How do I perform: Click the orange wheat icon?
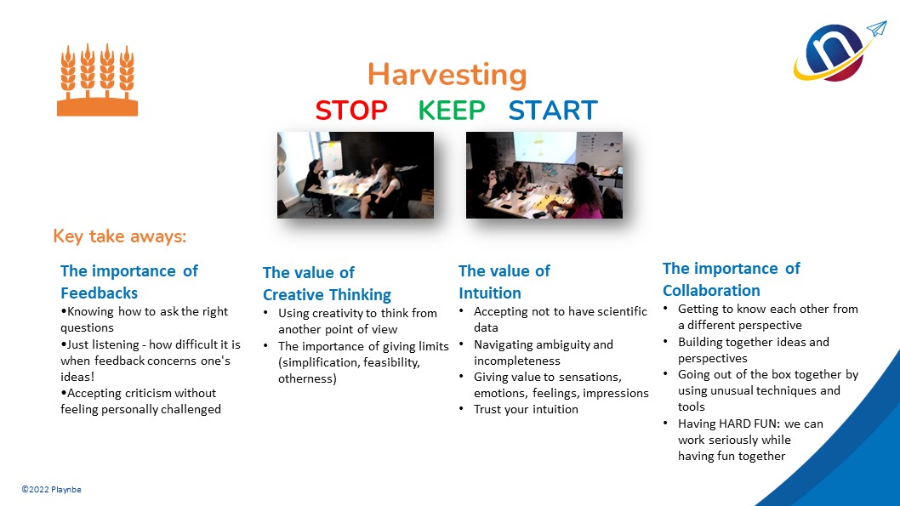pos(97,80)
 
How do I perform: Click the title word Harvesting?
pos(447,75)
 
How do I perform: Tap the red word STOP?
pos(351,111)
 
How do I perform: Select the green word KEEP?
pos(452,111)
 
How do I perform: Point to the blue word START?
pos(553,111)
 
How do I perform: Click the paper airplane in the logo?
pos(876,29)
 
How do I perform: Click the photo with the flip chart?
pos(356,175)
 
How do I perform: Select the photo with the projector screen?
pos(544,175)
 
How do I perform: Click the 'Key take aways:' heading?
pos(119,236)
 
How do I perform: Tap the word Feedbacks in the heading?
pos(100,293)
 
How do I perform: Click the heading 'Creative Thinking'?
pos(328,295)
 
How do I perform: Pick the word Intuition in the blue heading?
pos(490,293)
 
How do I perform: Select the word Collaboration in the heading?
pos(711,290)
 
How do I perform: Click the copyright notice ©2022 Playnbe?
pos(52,489)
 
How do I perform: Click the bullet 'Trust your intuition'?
pos(526,410)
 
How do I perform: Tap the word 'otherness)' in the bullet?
pos(307,378)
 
